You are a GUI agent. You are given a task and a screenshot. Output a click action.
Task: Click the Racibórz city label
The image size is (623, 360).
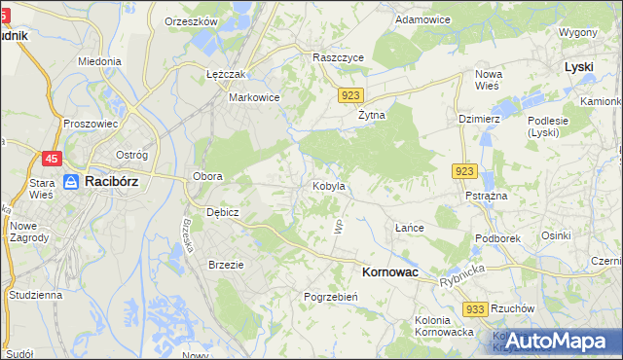click(116, 181)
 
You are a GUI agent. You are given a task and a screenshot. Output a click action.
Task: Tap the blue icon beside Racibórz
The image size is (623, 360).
click(71, 181)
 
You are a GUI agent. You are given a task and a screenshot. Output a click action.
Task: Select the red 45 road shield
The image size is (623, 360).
click(53, 159)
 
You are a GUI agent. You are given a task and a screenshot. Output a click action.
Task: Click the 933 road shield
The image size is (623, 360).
click(475, 308)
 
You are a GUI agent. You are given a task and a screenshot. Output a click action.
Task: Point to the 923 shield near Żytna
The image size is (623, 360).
click(352, 95)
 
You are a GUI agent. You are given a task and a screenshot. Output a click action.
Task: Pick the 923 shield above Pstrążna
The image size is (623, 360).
click(463, 171)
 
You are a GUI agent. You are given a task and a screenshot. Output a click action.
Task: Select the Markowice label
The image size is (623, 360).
click(254, 97)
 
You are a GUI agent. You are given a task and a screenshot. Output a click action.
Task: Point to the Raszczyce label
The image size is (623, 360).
click(338, 57)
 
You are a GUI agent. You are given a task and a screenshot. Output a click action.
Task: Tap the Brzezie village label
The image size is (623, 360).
click(226, 264)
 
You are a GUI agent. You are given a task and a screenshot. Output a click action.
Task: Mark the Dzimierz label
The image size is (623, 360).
click(478, 119)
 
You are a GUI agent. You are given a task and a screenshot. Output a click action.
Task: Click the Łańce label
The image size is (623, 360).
click(410, 228)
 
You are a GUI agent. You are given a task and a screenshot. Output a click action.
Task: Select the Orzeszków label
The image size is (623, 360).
click(190, 20)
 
